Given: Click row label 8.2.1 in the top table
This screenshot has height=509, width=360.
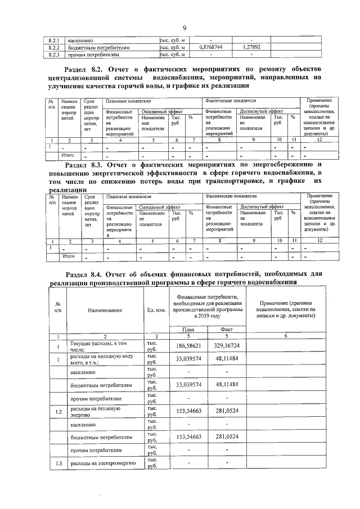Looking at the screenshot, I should (54, 40).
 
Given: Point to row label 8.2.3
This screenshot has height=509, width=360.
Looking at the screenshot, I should (54, 55).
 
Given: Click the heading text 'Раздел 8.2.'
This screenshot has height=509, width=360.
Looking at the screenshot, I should (87, 69).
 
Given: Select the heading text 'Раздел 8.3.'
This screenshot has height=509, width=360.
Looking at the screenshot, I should (87, 166).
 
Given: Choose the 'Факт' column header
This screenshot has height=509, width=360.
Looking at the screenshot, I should (227, 329).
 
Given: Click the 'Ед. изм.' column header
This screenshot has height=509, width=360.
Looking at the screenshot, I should (156, 310).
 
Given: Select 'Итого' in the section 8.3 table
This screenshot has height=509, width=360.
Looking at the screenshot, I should (68, 256).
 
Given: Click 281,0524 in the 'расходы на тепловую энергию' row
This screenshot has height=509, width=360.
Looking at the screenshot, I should (227, 412).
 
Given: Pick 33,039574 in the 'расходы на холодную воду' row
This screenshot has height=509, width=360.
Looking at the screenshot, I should (188, 358).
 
